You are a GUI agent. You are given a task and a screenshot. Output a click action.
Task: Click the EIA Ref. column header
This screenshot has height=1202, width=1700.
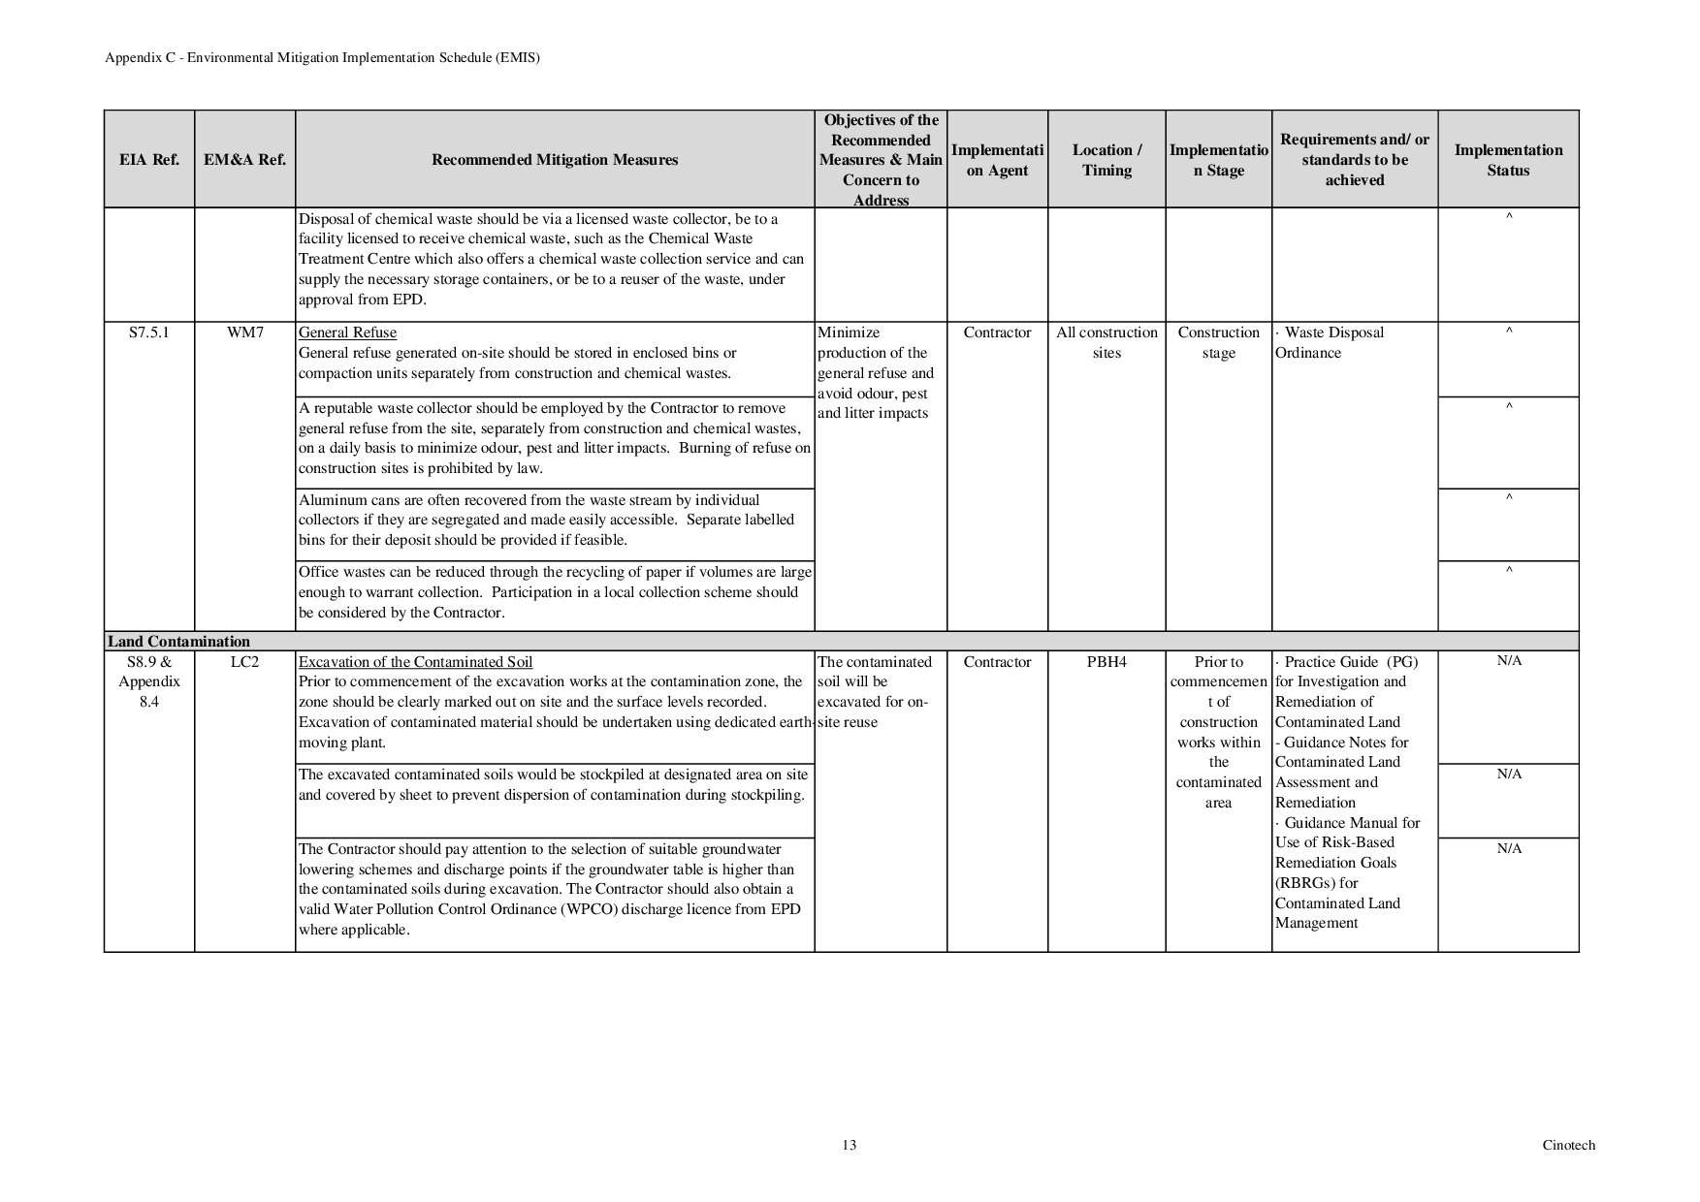(x=148, y=160)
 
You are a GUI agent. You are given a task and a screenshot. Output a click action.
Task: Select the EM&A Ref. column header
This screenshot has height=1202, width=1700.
(x=244, y=160)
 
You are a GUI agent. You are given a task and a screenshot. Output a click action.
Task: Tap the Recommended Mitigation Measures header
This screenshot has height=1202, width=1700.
(x=554, y=160)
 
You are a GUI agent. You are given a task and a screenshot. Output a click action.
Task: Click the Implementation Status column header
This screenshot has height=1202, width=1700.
(x=1508, y=160)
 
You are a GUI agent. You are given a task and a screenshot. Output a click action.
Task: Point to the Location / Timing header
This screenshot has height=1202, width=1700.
(x=1107, y=160)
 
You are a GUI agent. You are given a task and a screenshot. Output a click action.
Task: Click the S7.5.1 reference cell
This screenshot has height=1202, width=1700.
(x=148, y=332)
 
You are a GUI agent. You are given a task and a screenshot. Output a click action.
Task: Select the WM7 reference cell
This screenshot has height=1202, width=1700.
(x=244, y=332)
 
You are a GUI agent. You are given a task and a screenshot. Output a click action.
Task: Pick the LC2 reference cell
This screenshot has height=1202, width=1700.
(x=244, y=662)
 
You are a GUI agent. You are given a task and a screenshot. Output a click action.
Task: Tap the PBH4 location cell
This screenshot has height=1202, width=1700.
(x=1107, y=662)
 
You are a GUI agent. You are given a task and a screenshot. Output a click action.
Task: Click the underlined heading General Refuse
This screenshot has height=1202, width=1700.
(x=347, y=332)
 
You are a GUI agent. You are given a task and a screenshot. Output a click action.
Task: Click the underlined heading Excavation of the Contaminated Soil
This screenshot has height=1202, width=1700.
(x=415, y=662)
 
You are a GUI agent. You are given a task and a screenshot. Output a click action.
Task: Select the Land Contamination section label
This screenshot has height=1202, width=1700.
(x=178, y=642)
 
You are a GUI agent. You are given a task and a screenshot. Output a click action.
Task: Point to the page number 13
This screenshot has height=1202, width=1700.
(x=850, y=1145)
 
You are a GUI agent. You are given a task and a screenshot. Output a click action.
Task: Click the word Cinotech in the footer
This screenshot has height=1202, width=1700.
(x=1568, y=1145)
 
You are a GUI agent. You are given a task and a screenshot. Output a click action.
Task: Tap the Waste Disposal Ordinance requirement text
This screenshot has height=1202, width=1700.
(x=1329, y=342)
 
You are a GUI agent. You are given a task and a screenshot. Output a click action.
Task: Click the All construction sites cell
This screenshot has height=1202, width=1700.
(x=1107, y=342)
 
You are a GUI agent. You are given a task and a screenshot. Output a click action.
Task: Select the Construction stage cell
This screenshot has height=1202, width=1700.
(x=1218, y=342)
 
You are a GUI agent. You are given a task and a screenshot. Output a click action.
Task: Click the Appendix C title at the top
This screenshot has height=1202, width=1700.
(x=322, y=57)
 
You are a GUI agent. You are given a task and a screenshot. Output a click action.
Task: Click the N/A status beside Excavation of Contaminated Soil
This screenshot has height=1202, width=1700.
(x=1509, y=661)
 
